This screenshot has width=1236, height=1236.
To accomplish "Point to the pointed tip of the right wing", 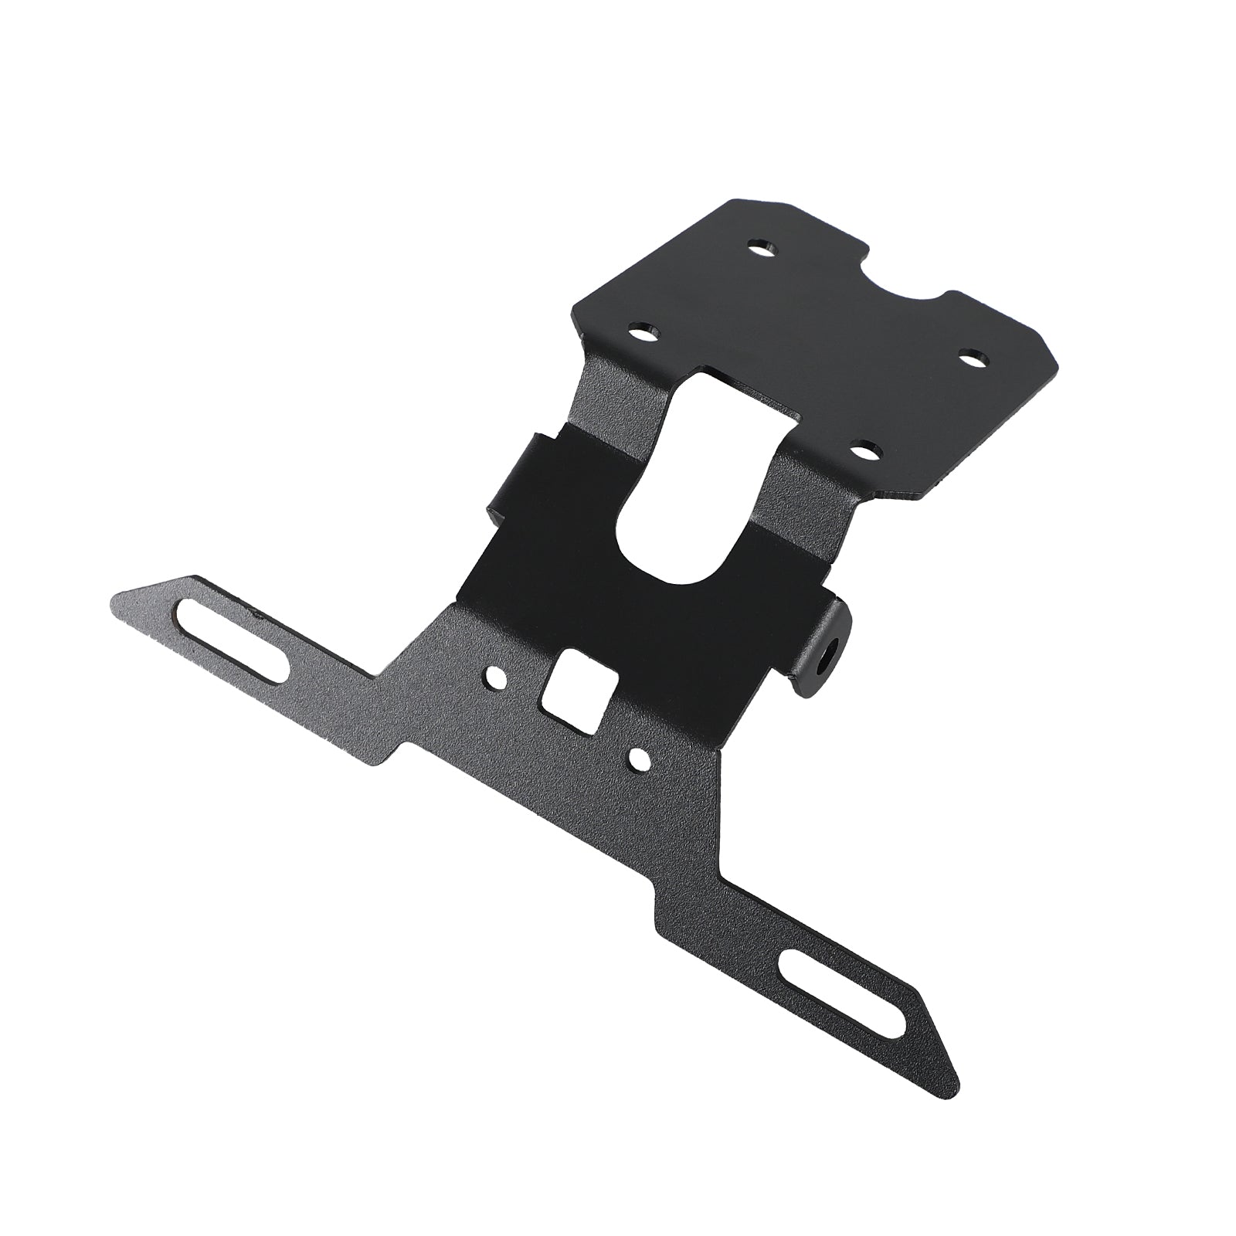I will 956,1101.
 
